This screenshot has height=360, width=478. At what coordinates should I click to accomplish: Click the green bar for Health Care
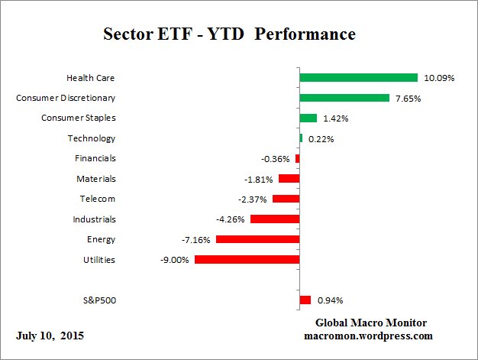[358, 77]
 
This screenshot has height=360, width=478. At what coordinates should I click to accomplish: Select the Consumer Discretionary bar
[344, 98]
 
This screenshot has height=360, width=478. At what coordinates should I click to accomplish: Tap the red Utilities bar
[247, 260]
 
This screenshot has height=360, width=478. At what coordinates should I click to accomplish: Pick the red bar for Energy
[257, 239]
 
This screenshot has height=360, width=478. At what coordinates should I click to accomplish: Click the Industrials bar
[274, 219]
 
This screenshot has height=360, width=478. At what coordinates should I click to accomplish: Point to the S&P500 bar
[305, 300]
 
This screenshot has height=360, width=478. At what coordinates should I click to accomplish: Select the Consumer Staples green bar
[308, 118]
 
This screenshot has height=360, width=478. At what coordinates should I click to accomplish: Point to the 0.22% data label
[321, 139]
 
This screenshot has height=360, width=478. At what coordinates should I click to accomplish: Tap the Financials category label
[95, 158]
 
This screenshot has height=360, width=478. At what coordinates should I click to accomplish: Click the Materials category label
[96, 179]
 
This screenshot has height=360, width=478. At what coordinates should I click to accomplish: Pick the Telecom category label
[98, 199]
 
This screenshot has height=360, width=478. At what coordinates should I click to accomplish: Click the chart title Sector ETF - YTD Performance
[228, 35]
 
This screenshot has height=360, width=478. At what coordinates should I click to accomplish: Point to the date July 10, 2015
[50, 336]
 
